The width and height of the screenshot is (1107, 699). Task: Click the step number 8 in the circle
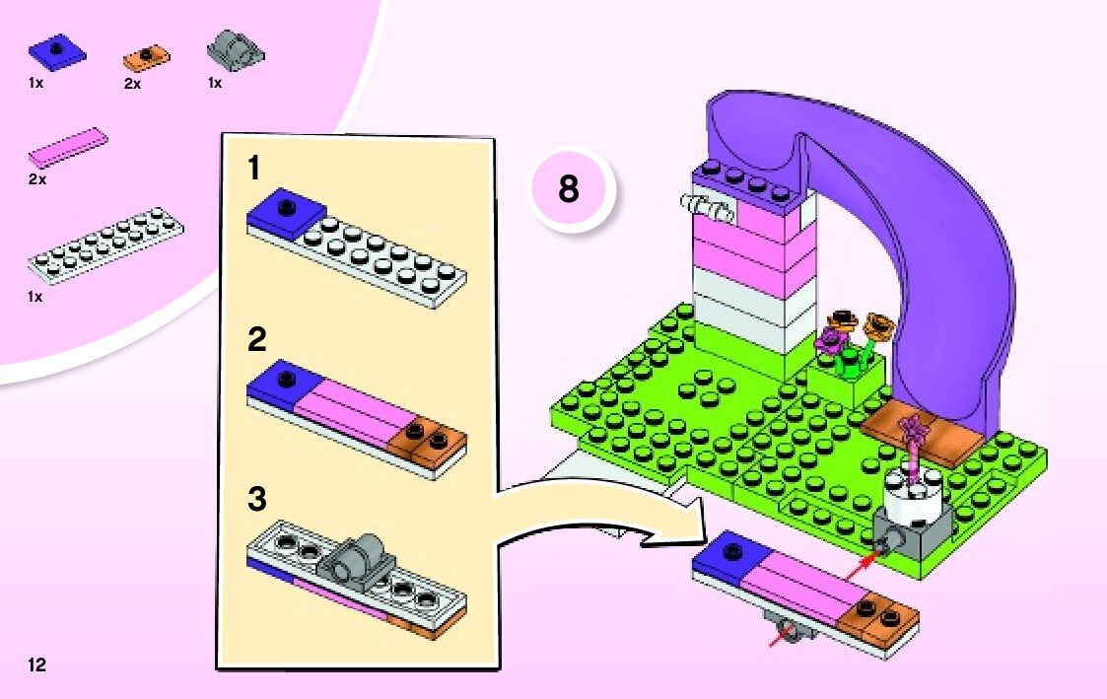(569, 189)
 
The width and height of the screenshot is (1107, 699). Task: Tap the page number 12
(36, 665)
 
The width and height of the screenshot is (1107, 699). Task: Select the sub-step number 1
(254, 170)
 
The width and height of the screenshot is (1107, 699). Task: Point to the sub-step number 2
(257, 341)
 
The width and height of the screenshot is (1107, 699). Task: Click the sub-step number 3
(257, 499)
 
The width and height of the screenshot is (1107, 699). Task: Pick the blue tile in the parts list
(57, 50)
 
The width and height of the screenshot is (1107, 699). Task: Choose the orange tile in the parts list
(147, 57)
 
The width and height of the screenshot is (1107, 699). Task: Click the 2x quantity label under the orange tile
(133, 84)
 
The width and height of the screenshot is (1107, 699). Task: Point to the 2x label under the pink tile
(37, 180)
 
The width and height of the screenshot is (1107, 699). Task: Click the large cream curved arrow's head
(680, 532)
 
